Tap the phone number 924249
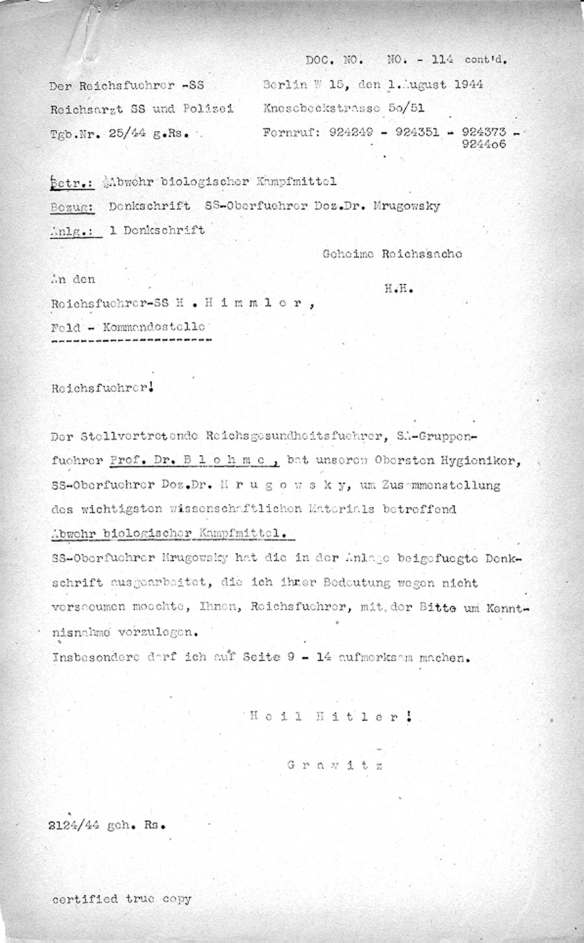[x=351, y=132]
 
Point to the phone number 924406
[x=483, y=144]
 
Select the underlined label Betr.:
[x=72, y=182]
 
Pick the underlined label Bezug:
[x=73, y=207]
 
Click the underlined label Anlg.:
[x=75, y=230]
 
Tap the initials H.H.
[x=399, y=289]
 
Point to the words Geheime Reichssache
[x=392, y=254]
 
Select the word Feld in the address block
[x=64, y=327]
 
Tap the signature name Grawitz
[x=335, y=764]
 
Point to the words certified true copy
[x=122, y=899]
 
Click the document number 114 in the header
[x=443, y=59]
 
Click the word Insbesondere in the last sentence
[x=95, y=657]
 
